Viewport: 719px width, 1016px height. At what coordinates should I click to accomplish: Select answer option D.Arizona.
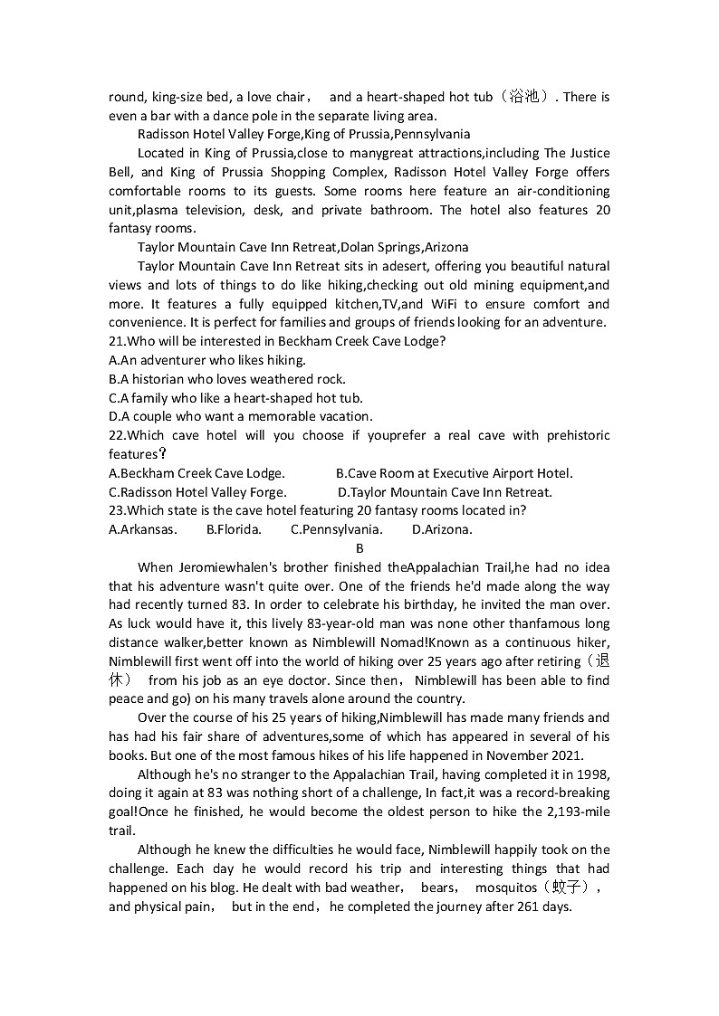[x=441, y=530]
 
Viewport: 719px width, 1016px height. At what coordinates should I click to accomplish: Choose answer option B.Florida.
[x=234, y=530]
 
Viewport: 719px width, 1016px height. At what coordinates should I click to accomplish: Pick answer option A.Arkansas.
[x=142, y=530]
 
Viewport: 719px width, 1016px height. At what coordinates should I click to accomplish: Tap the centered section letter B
[x=359, y=548]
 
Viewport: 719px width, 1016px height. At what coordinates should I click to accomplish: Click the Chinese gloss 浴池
[x=525, y=97]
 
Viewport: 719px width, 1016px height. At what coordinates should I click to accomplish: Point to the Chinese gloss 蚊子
[x=576, y=888]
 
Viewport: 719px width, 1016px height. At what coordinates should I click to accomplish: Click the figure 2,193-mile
[x=570, y=812]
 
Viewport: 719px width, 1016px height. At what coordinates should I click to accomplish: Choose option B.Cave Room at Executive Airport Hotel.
[x=454, y=473]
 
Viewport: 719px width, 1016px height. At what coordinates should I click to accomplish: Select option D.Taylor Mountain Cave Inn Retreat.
[x=444, y=492]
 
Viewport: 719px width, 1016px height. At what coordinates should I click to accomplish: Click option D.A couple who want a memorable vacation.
[x=240, y=416]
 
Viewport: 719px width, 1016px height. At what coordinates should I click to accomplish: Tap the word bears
[x=438, y=888]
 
